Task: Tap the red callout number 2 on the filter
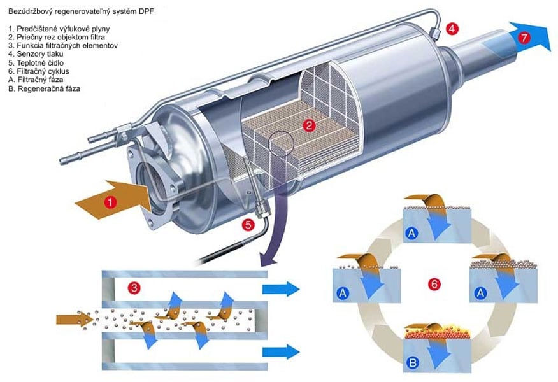[308, 125]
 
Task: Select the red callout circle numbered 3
[133, 288]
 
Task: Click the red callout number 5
[248, 223]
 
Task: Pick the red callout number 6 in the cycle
[434, 284]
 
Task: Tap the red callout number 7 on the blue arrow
[524, 38]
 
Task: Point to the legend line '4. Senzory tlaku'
[36, 55]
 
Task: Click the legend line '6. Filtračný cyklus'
[39, 72]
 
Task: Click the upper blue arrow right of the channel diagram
[280, 288]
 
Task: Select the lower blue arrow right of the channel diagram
[280, 351]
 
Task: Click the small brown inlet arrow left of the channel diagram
[69, 318]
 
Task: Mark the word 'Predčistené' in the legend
[38, 29]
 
